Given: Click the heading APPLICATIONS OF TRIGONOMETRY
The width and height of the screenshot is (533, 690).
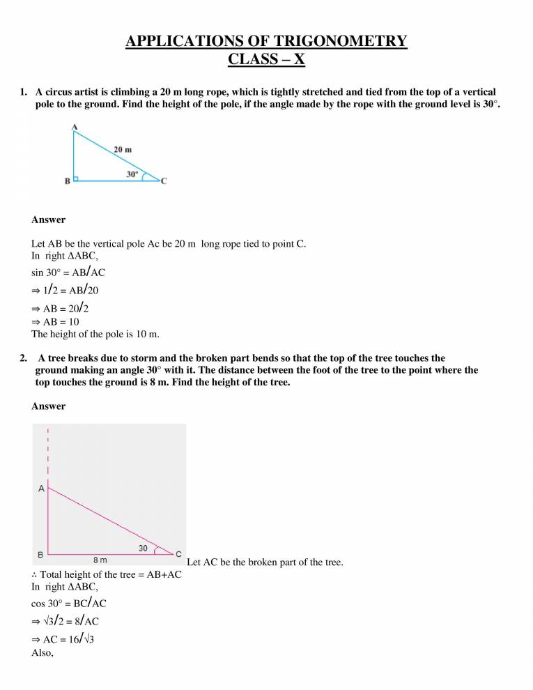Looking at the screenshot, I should click(x=266, y=41).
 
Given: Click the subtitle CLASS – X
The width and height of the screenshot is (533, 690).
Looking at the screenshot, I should click(x=266, y=59).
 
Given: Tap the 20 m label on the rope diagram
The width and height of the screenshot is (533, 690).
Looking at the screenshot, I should click(x=123, y=149).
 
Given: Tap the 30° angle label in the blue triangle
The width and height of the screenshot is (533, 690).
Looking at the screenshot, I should click(x=132, y=174).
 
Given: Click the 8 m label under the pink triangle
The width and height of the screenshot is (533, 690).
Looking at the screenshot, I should click(x=100, y=560).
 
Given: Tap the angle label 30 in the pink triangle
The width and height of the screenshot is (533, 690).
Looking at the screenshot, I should click(x=143, y=549).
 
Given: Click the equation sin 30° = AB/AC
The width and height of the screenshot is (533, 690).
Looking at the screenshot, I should click(x=68, y=272).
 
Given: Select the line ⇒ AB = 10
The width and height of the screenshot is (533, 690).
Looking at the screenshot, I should click(x=56, y=321).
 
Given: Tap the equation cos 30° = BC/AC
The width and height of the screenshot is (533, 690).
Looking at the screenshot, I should click(x=69, y=603).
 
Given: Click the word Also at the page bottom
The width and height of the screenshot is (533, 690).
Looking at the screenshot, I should click(x=43, y=654).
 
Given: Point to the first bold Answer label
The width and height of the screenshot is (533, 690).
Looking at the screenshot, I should click(x=49, y=220).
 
